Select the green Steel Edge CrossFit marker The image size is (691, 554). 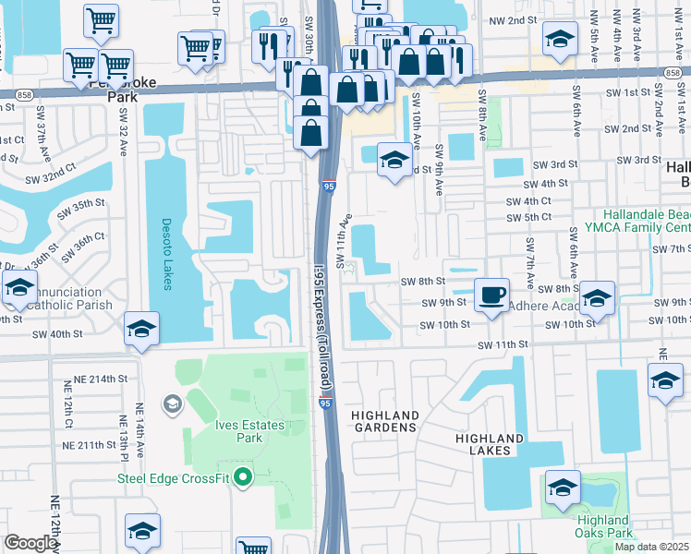point(243,477)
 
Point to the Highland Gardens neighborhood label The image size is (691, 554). point(385,422)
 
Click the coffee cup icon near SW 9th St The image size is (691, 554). point(491,295)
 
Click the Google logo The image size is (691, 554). point(30,543)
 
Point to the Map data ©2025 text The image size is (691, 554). point(651,547)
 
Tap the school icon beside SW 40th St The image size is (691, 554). point(140,329)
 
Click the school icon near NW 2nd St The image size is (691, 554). point(559,40)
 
